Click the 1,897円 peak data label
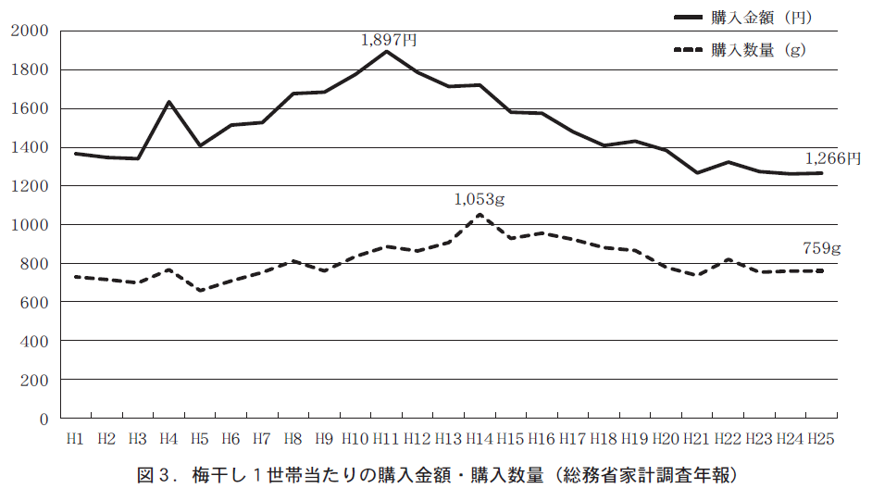(x=389, y=40)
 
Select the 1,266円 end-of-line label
(x=833, y=158)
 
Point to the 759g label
(x=821, y=248)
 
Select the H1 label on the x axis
(x=75, y=438)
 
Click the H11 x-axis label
(x=386, y=438)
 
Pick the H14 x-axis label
(x=480, y=438)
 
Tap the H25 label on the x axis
(x=821, y=438)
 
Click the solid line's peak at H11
(x=386, y=51)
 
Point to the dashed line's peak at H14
(x=480, y=215)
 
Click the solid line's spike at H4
(x=168, y=102)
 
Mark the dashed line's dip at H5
(x=200, y=291)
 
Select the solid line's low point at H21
(x=697, y=173)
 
